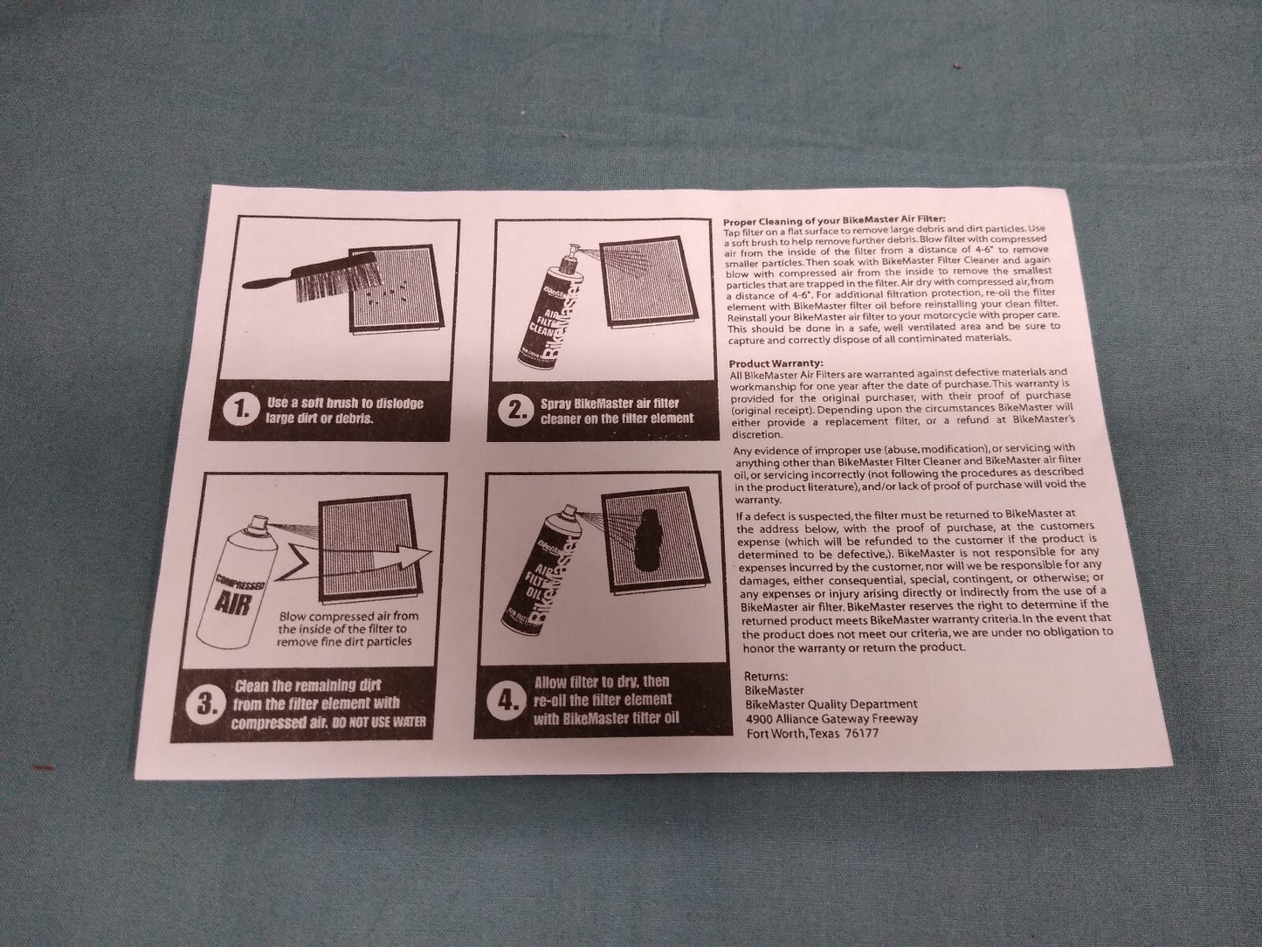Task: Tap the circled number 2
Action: tap(514, 411)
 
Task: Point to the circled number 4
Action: tap(504, 702)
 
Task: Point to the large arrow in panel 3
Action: tap(355, 558)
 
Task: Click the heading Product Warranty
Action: tap(776, 363)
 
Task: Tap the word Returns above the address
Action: tap(766, 676)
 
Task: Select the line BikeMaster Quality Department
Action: tap(831, 705)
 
